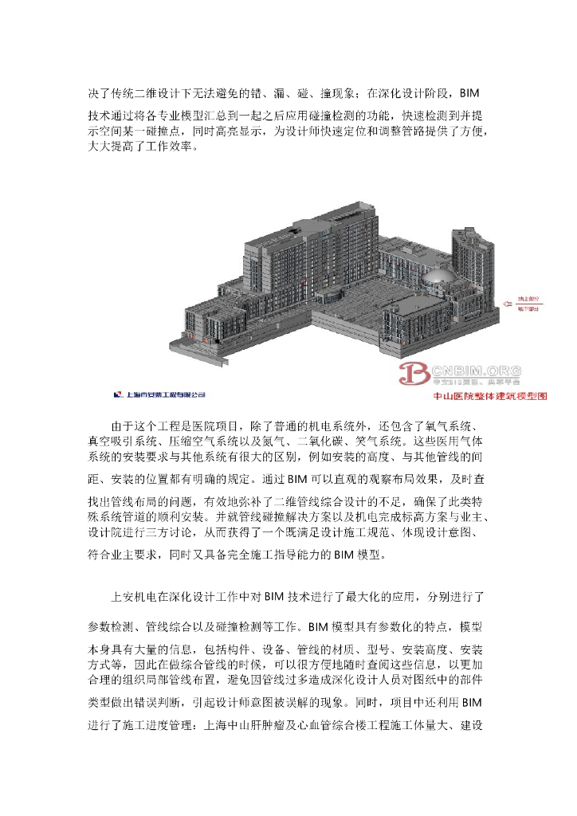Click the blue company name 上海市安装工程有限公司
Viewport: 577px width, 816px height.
164,393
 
